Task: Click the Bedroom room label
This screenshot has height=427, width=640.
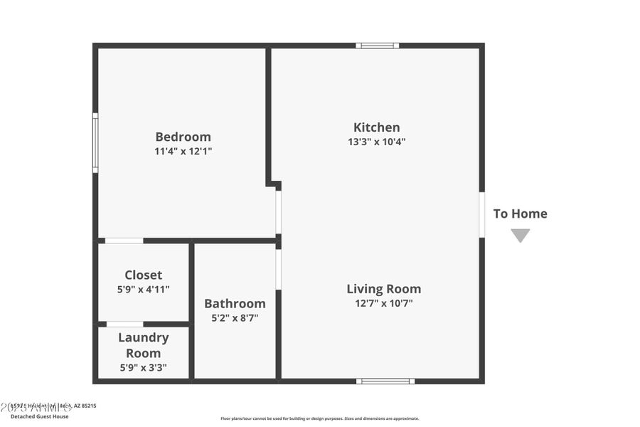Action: click(x=183, y=137)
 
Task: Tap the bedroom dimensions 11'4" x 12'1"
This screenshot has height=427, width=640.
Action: click(x=183, y=151)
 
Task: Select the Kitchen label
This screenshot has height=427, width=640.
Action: click(x=376, y=127)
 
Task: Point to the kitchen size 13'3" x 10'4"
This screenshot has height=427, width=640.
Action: click(x=376, y=142)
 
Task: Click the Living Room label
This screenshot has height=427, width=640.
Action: click(x=383, y=289)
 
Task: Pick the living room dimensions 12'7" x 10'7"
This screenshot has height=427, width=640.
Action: click(x=383, y=303)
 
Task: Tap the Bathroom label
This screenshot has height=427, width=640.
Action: click(x=235, y=304)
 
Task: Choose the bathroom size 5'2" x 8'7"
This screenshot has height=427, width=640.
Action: click(x=235, y=318)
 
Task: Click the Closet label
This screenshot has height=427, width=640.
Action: click(x=143, y=275)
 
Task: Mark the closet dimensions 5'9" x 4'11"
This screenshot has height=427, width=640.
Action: click(x=143, y=289)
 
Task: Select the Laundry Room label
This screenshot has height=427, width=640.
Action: click(x=143, y=345)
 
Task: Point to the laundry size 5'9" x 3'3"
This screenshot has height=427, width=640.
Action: click(x=143, y=368)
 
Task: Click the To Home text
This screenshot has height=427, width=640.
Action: click(x=520, y=213)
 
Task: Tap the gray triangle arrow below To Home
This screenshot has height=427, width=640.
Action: click(x=520, y=234)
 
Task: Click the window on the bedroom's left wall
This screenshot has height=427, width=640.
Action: click(x=95, y=142)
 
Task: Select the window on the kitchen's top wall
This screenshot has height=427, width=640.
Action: click(x=377, y=46)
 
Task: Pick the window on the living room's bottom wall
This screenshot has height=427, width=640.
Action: click(x=385, y=381)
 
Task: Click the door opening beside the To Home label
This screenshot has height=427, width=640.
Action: click(x=481, y=214)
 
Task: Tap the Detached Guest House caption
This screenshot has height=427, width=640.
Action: click(x=39, y=416)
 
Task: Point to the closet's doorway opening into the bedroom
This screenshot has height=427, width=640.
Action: click(x=124, y=241)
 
